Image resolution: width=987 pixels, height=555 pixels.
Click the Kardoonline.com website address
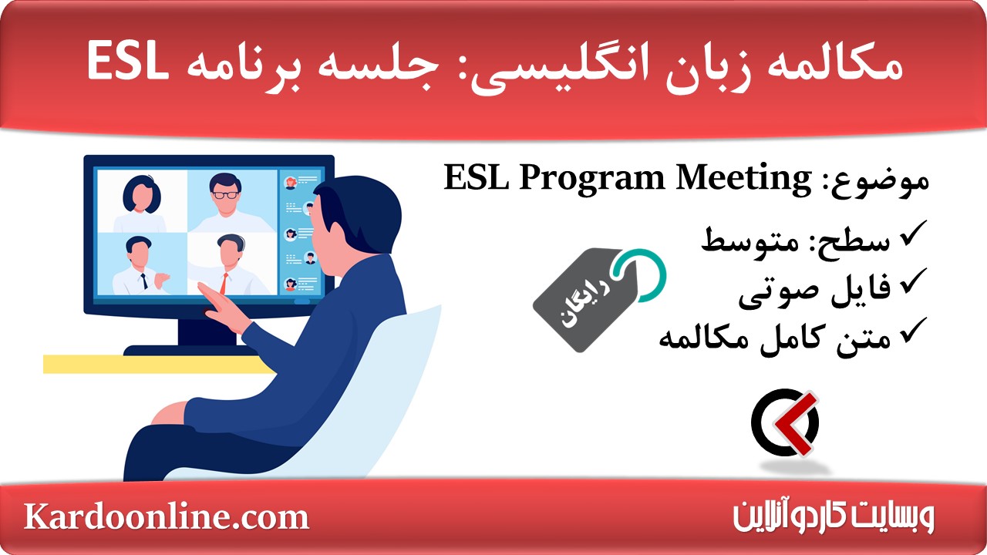pos(167,516)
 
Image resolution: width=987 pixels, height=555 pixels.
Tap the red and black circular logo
pos(785,422)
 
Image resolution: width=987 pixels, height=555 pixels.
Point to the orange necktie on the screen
pos(224,282)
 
